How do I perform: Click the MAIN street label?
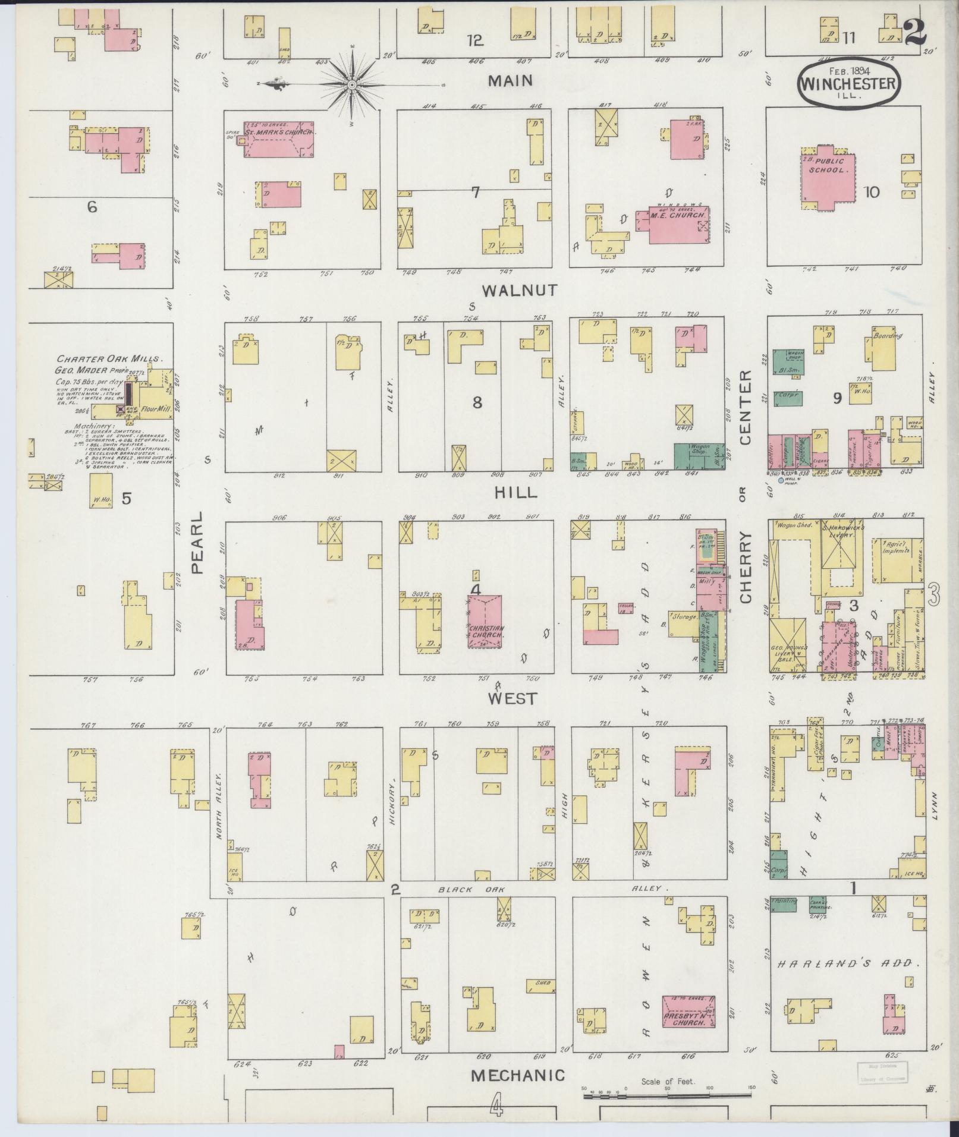[x=510, y=81]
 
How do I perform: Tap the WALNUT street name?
[x=520, y=290]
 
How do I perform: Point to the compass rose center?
[x=352, y=85]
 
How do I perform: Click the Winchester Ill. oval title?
[x=848, y=85]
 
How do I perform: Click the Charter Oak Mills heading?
[x=109, y=359]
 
